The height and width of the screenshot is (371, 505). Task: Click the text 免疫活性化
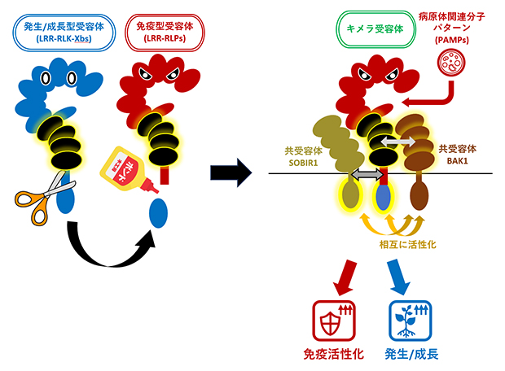click(332, 354)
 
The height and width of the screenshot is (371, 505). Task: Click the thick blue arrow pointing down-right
click(398, 276)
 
